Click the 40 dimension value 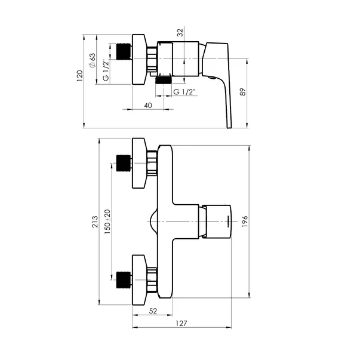tap(147, 105)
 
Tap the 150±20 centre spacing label tap(107, 222)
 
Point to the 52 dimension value tap(152, 311)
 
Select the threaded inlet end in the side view tap(124, 53)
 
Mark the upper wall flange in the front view tap(141, 163)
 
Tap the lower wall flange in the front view tap(141, 279)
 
